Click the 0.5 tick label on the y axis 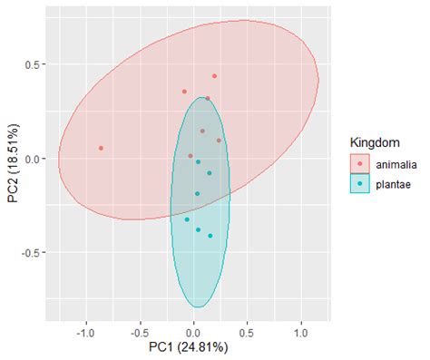coord(33,64)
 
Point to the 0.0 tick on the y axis coord(33,159)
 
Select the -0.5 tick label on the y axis coord(31,252)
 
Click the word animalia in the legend coord(396,164)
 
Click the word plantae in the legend coord(393,184)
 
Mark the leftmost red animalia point coord(101,148)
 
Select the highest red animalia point coord(215,76)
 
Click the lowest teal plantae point coord(210,236)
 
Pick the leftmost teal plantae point coord(188,219)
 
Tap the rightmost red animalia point coord(220,141)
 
